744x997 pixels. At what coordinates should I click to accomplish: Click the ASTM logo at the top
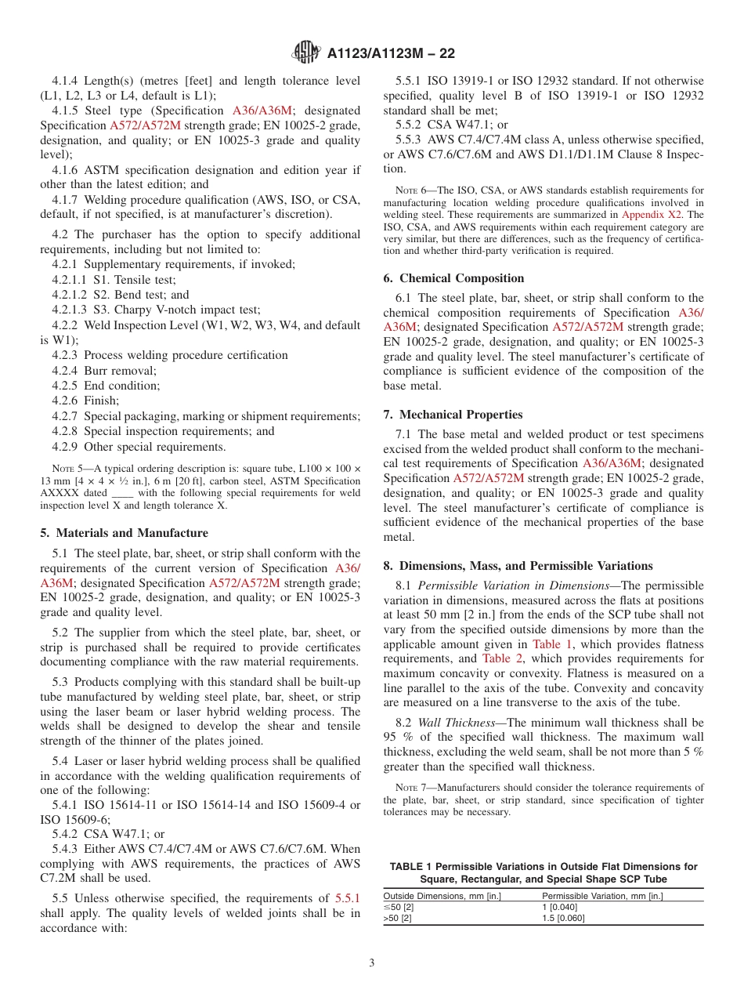click(305, 53)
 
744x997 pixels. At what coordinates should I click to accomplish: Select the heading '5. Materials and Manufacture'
click(124, 533)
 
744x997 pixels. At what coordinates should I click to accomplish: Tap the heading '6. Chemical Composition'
click(453, 278)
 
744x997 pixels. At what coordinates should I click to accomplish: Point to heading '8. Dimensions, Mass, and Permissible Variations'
click(518, 566)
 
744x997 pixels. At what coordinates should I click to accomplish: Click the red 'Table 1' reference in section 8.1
click(552, 644)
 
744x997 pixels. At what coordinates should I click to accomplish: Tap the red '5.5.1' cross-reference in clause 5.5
click(348, 898)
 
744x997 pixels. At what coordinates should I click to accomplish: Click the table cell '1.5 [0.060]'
click(563, 918)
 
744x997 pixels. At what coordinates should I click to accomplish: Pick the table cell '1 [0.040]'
click(559, 907)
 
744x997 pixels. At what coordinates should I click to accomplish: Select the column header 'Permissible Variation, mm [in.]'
click(602, 896)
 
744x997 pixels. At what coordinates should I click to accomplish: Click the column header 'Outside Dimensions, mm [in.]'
click(442, 896)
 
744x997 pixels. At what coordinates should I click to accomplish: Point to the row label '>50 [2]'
click(397, 918)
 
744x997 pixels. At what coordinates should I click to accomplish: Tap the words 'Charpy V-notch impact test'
click(187, 310)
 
